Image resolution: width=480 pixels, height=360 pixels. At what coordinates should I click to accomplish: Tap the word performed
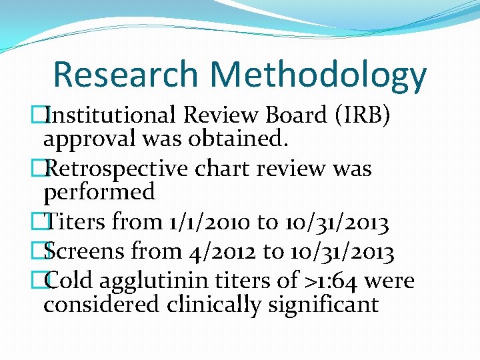coord(99,192)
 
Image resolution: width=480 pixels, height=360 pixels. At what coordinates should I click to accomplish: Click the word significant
coord(340,305)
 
